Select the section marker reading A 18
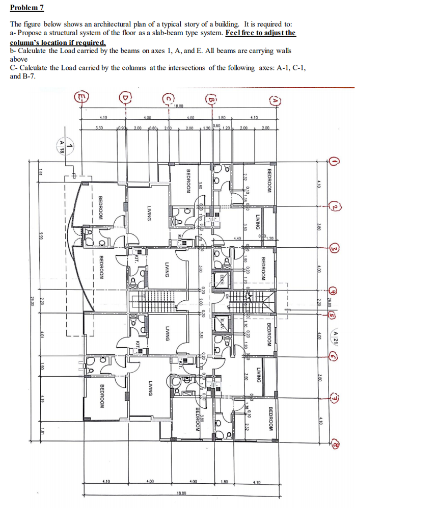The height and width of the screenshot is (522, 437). pyautogui.click(x=62, y=147)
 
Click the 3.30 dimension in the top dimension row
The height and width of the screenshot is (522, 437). pyautogui.click(x=99, y=128)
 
